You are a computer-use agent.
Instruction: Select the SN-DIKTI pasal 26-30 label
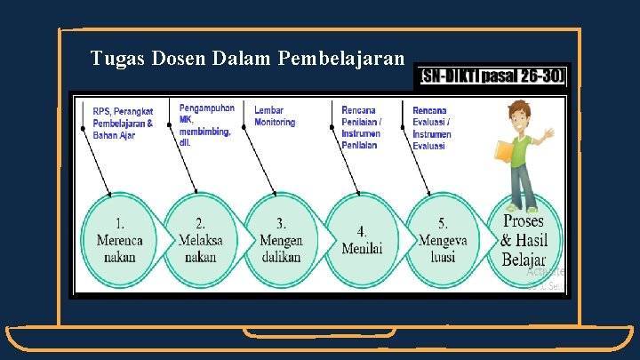coord(491,76)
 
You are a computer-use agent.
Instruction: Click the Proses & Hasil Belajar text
coord(524,240)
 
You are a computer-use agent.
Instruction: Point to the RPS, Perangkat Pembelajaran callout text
coord(123,123)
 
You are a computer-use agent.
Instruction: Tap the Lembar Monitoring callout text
coord(275,116)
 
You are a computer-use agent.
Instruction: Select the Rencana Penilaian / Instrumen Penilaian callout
coord(361,127)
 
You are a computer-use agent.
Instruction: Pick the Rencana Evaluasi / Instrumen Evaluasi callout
coord(432,128)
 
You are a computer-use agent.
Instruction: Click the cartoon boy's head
coord(519,116)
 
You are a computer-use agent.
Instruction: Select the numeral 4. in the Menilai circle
coord(362,231)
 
